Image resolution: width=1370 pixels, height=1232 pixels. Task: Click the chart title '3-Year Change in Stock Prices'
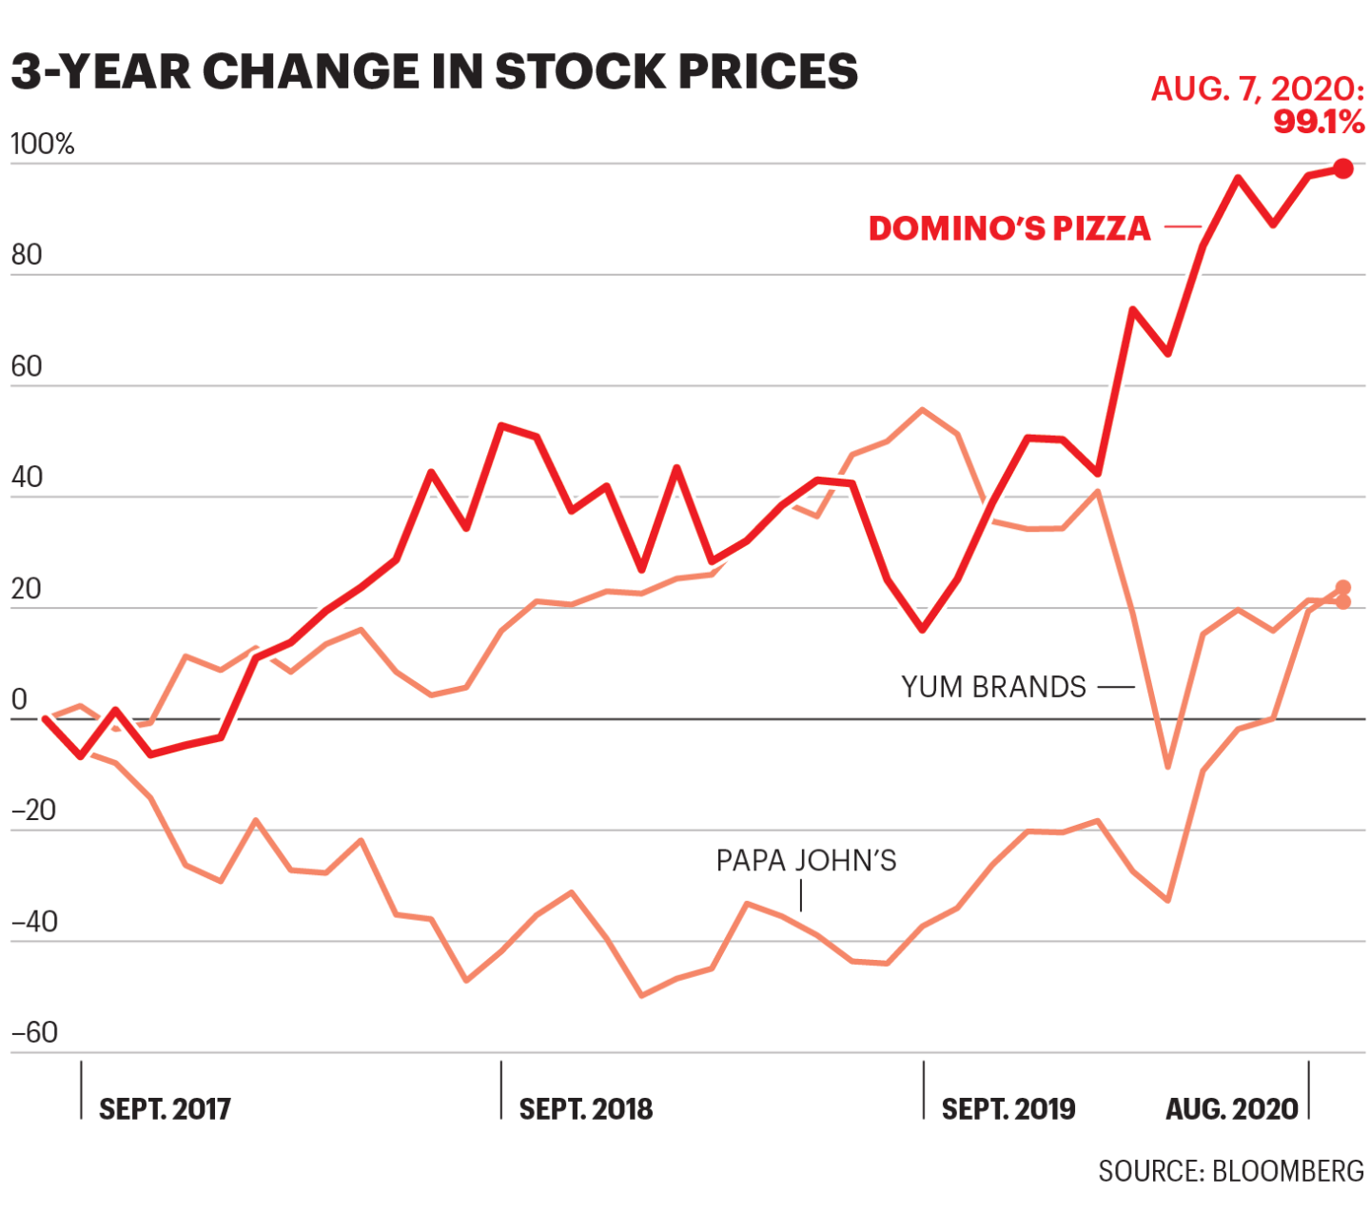pos(434,71)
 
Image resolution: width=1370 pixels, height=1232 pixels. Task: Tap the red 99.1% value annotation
pos(1319,122)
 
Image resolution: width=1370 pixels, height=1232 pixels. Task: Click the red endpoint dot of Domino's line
pos(1342,168)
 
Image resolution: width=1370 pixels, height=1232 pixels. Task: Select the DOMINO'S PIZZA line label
pos(1009,228)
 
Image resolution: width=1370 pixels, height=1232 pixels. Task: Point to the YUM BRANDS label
pos(993,687)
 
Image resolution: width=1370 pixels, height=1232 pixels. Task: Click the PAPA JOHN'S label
pos(806,861)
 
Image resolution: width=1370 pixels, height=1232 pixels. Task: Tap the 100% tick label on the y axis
pos(42,145)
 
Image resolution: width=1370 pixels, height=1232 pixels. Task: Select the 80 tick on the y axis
pos(27,255)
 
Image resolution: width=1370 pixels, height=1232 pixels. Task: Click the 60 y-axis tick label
pos(27,366)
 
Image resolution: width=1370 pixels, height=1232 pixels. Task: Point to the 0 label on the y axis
pos(19,700)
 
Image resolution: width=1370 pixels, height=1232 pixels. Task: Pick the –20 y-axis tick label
pos(33,811)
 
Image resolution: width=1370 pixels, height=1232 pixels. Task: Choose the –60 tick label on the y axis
pos(33,1032)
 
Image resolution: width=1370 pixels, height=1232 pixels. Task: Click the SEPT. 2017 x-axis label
pos(165,1109)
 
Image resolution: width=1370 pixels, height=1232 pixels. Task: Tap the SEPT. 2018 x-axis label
pos(585,1109)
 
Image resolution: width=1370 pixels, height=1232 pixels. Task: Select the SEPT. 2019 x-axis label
pos(1008,1109)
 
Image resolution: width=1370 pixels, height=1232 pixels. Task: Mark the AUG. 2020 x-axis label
pos(1231,1109)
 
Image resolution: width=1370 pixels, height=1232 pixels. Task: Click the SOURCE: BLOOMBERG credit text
pos(1231,1171)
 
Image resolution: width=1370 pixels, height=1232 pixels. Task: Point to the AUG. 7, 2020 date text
pos(1257,89)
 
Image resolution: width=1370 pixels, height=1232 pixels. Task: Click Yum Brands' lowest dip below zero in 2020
pos(1168,766)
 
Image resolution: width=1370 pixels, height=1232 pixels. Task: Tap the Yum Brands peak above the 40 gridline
pos(922,410)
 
